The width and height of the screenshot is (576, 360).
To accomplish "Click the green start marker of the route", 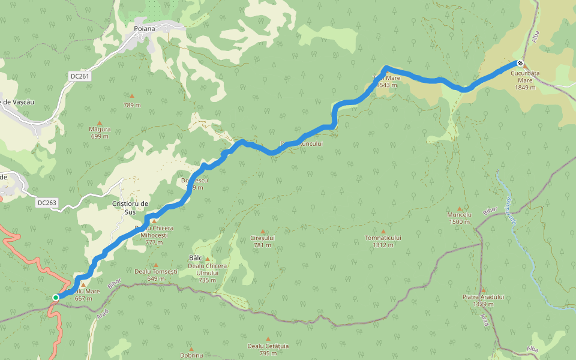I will tap(56, 297).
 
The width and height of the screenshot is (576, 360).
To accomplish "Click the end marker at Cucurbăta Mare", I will tap(520, 64).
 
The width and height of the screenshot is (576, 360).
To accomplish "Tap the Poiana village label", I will tap(145, 28).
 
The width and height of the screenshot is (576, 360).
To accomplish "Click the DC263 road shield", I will tap(47, 203).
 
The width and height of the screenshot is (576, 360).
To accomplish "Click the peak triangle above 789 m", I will tap(132, 96).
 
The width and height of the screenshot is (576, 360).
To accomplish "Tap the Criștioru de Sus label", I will tap(130, 208).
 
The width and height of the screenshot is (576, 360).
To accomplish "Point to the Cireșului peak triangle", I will tap(262, 231).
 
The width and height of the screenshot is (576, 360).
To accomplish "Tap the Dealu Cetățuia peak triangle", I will tap(268, 339).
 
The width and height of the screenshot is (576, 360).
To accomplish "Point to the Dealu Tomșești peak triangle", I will tap(156, 265).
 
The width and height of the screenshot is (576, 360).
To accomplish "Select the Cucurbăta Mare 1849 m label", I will tap(525, 80).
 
